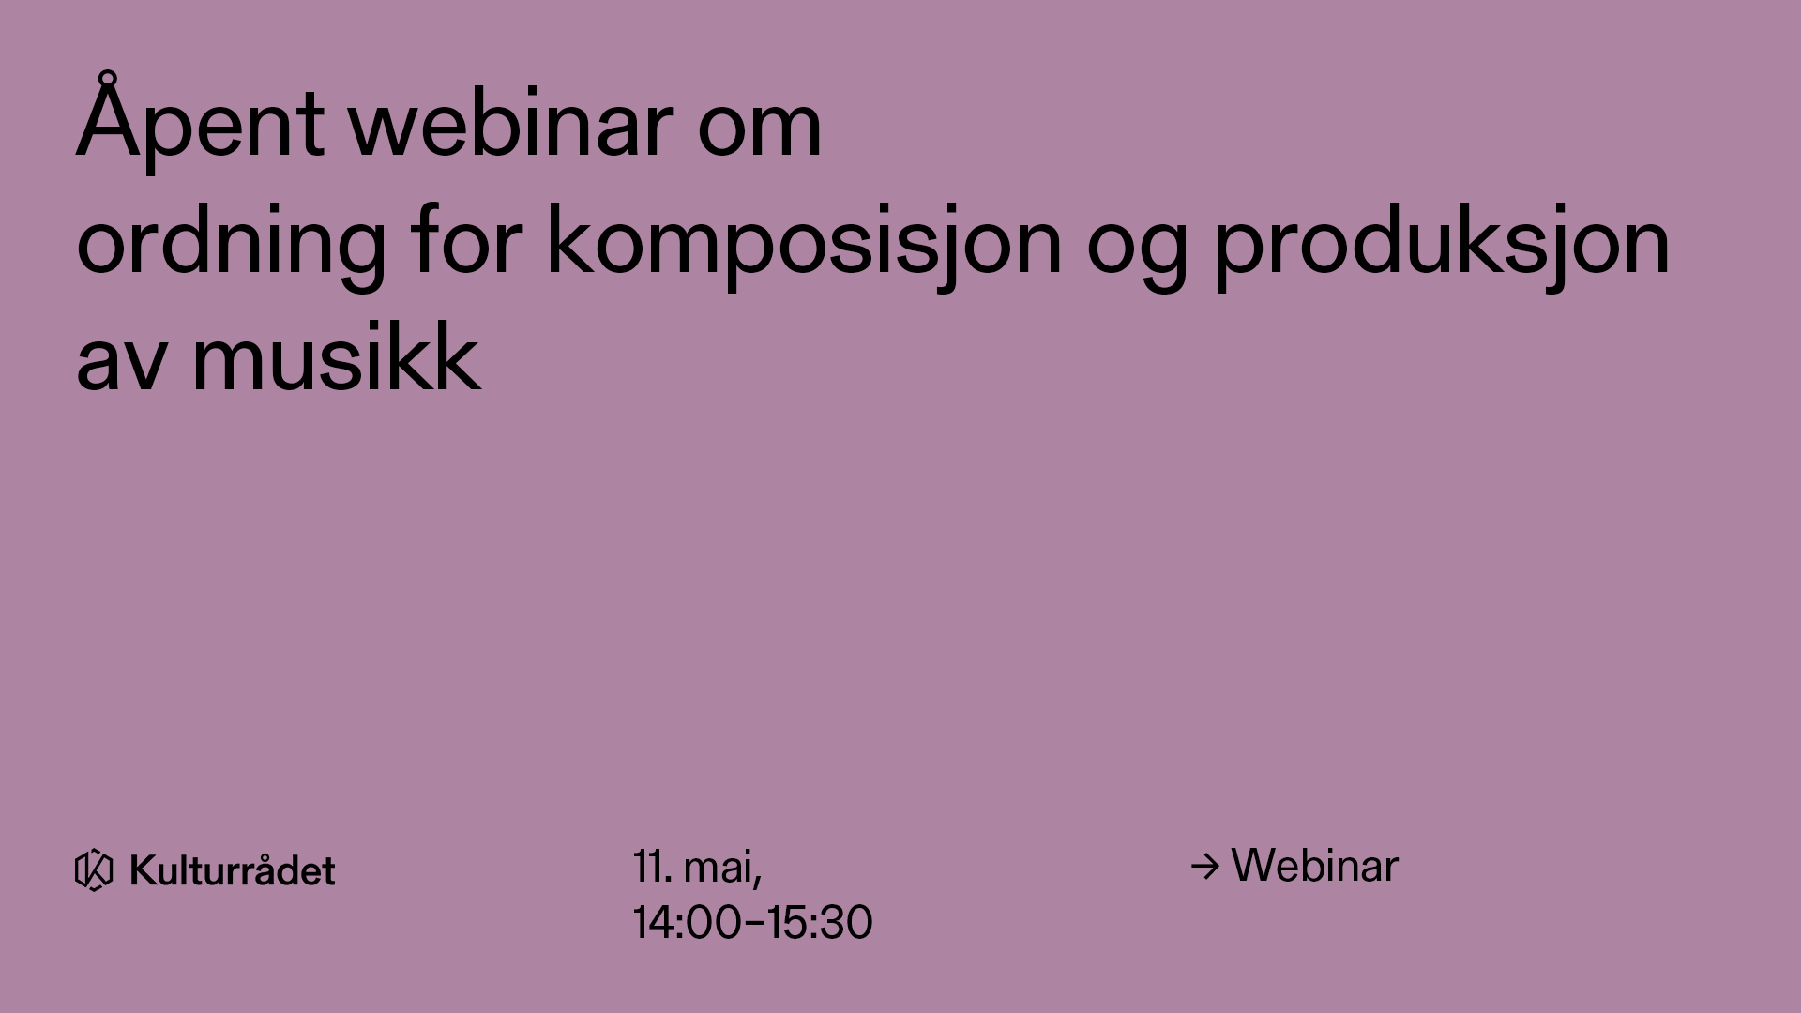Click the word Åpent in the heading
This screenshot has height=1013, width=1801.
[200, 122]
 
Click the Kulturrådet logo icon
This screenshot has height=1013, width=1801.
[94, 870]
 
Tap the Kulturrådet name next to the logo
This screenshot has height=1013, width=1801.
[233, 870]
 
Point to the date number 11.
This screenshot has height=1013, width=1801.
[652, 867]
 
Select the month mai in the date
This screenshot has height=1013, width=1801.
[722, 869]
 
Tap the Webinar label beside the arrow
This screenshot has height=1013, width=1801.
[1314, 866]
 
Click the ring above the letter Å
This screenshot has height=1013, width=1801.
[109, 78]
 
